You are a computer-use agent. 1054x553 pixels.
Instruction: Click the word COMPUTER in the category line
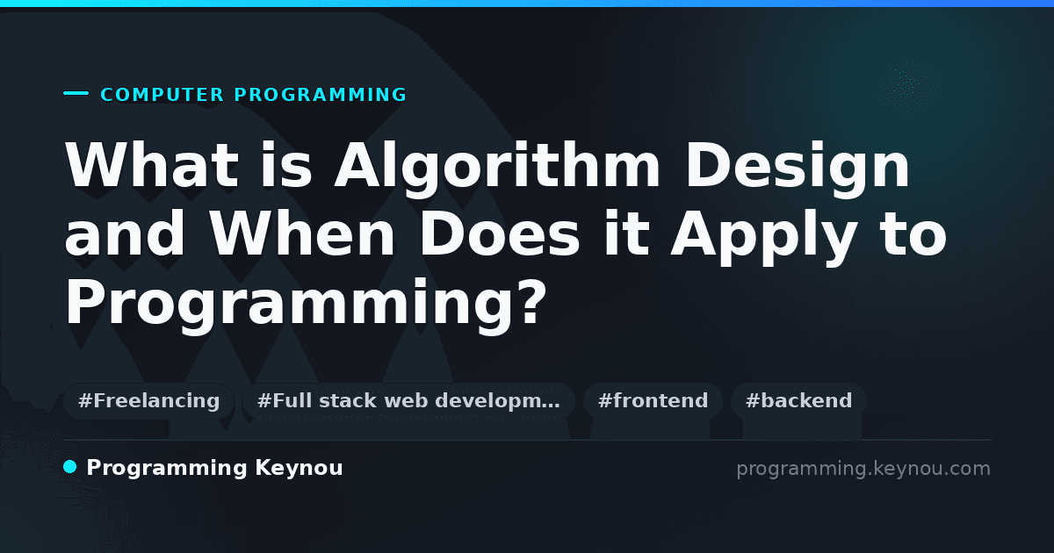tap(162, 95)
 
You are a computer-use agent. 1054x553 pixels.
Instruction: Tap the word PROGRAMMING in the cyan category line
tap(321, 95)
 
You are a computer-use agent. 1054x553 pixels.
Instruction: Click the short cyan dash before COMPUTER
tap(76, 93)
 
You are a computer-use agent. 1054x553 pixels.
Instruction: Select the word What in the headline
tap(152, 165)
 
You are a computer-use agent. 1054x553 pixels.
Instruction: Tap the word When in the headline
tap(301, 233)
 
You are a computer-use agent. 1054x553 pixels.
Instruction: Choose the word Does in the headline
tap(499, 233)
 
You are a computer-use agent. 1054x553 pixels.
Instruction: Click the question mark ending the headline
tap(531, 301)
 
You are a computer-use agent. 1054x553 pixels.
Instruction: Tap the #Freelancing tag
tap(148, 401)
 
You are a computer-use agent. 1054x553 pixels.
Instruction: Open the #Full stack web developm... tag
tap(408, 401)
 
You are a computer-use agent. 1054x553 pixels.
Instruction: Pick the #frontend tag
tap(653, 401)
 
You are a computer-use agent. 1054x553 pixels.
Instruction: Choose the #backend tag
tap(798, 401)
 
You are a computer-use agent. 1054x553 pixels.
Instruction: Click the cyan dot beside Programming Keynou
tap(70, 467)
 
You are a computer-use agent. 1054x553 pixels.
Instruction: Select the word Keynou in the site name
tap(299, 469)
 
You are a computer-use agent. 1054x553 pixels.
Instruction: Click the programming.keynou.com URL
tap(863, 469)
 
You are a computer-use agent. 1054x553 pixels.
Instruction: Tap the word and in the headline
tap(125, 233)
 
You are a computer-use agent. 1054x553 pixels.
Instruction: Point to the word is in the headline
tap(286, 165)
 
